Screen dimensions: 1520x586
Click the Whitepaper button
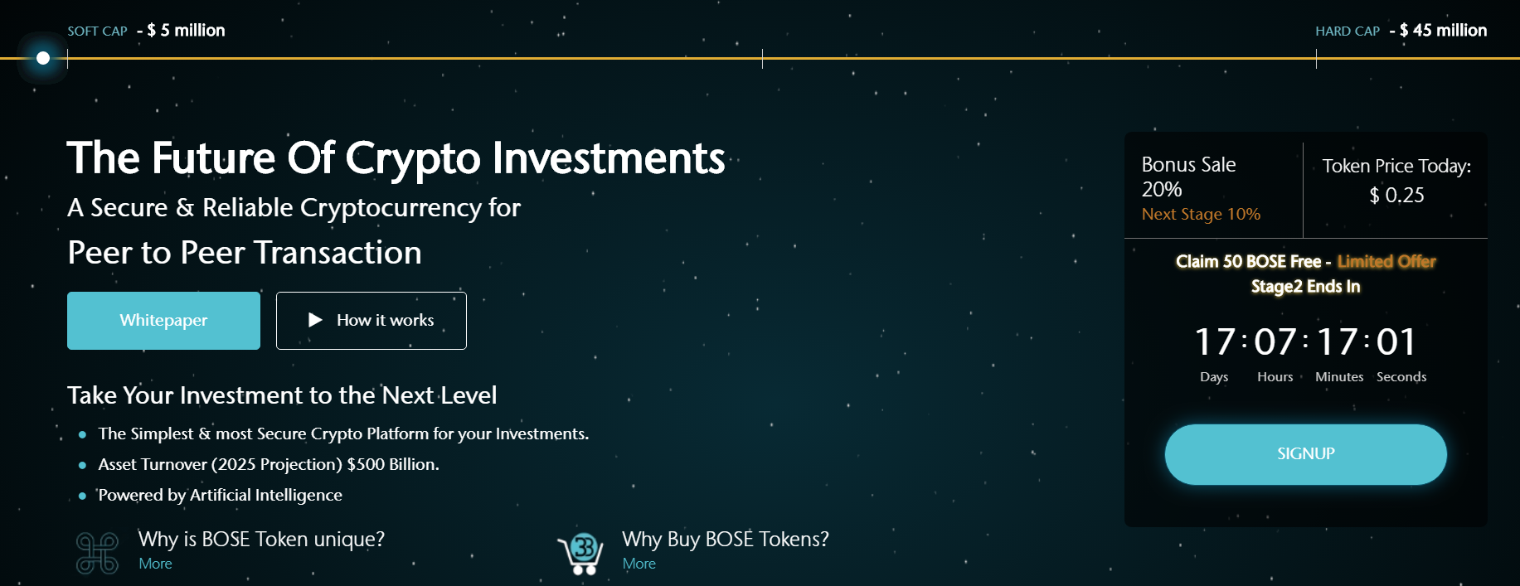click(x=163, y=321)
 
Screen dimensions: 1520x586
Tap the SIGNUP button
click(x=1305, y=454)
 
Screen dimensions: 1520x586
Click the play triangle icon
click(x=315, y=320)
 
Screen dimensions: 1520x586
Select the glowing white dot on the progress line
click(x=43, y=58)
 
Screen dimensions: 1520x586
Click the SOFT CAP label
click(x=97, y=31)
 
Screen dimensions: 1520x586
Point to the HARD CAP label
click(x=1348, y=31)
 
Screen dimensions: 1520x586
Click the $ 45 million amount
click(x=1443, y=31)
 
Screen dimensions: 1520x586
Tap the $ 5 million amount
click(x=186, y=31)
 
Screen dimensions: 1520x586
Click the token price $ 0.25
click(x=1396, y=196)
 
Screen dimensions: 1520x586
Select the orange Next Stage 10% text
click(x=1201, y=215)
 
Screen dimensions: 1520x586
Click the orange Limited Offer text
click(x=1386, y=262)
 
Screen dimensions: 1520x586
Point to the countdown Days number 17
click(x=1215, y=341)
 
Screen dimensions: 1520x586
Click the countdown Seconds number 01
click(x=1396, y=341)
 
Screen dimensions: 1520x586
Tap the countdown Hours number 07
click(x=1275, y=341)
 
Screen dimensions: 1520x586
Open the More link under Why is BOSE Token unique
click(x=155, y=564)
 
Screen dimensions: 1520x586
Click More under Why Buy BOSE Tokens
click(x=639, y=564)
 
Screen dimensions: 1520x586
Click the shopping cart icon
click(x=580, y=554)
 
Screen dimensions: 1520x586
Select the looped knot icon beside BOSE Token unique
click(x=97, y=553)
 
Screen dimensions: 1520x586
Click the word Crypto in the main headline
click(x=413, y=159)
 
